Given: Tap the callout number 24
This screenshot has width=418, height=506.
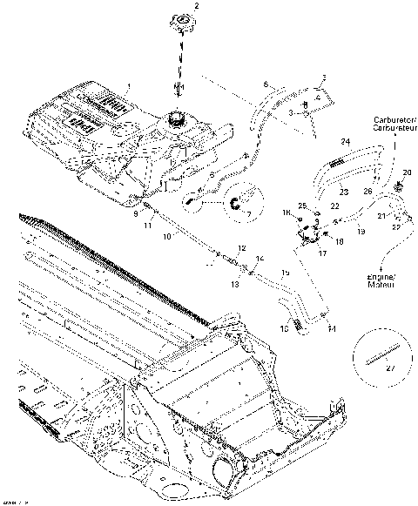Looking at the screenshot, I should tap(344, 141).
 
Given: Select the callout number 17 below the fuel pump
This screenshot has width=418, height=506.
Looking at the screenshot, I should tap(321, 254).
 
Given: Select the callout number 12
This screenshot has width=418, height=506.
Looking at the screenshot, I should tap(241, 248).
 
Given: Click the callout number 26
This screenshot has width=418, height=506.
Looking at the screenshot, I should tap(367, 192).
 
